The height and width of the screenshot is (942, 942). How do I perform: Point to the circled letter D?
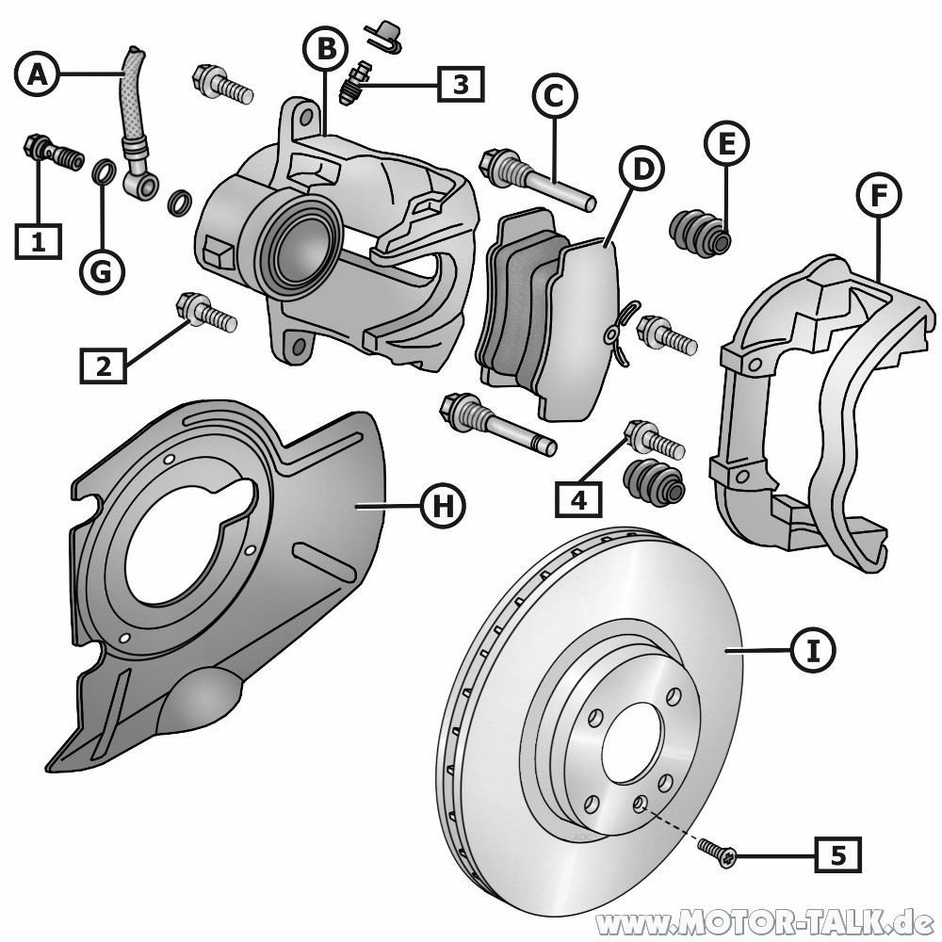(x=642, y=170)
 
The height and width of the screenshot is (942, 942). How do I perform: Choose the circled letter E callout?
(x=726, y=144)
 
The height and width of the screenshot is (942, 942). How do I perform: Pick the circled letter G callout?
(x=102, y=271)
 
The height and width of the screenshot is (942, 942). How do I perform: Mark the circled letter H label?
(x=443, y=506)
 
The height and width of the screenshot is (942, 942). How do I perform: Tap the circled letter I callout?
(x=812, y=649)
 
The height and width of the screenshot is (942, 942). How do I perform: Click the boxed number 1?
(x=38, y=242)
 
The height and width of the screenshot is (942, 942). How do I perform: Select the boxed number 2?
(x=104, y=365)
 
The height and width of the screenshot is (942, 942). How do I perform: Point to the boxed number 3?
(x=460, y=84)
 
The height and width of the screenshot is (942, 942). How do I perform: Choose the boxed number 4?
(x=577, y=499)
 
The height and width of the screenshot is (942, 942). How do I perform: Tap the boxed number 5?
(x=837, y=855)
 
